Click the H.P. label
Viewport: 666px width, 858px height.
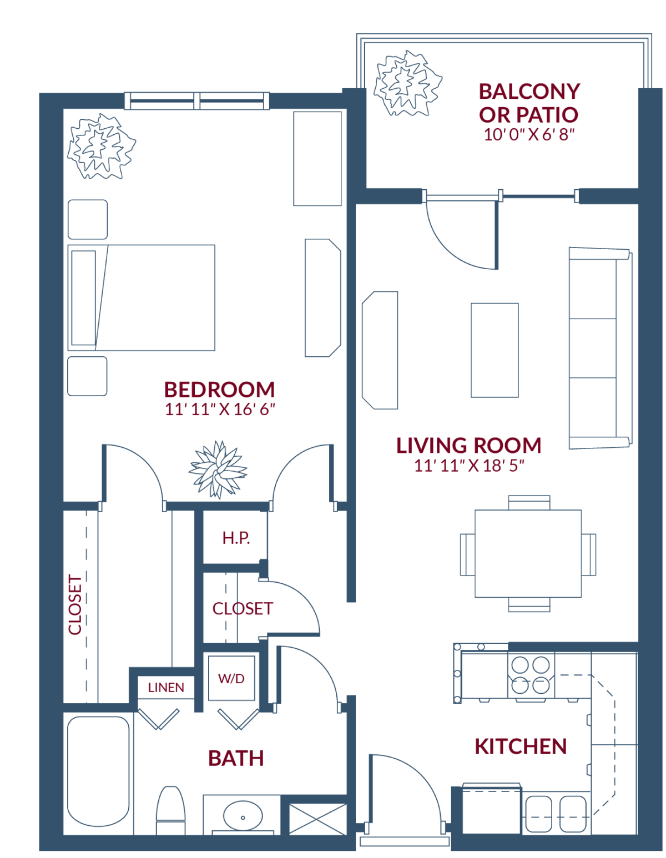pos(236,538)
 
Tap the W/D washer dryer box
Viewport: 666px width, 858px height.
pos(231,678)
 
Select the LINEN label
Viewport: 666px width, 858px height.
pos(166,688)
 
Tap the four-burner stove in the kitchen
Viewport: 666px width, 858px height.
pos(531,675)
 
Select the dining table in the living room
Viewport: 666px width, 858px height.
pos(528,553)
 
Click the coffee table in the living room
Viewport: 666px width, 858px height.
pos(495,350)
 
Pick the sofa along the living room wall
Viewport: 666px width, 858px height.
pos(600,349)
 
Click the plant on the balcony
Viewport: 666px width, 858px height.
pos(408,84)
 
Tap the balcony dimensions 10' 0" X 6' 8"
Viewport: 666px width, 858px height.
pos(529,135)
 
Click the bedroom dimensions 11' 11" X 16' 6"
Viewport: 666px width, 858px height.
pos(220,410)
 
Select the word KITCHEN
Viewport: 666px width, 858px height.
pos(521,746)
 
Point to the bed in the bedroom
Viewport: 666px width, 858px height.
pos(142,297)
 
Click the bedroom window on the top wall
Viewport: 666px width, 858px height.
pos(197,100)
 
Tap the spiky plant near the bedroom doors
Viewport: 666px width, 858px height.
pos(218,470)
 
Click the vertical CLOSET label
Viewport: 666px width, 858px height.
pos(75,604)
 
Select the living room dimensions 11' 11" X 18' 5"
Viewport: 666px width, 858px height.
pos(469,466)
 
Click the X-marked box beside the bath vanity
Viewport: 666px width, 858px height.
pos(318,819)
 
